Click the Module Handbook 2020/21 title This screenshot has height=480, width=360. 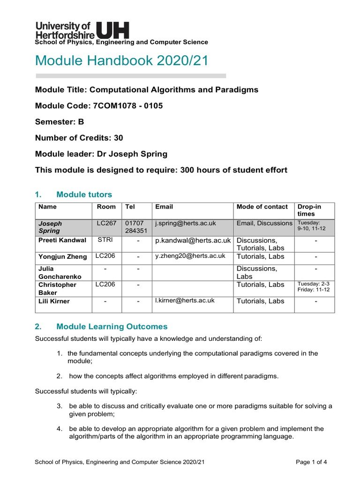point(121,60)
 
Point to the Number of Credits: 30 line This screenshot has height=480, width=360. point(79,138)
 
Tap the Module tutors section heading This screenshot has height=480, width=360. point(84,194)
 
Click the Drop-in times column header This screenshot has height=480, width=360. point(309,210)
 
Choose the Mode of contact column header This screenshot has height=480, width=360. point(262,207)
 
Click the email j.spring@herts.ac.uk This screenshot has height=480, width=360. point(185,223)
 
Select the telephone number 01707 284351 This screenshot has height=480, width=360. point(136,227)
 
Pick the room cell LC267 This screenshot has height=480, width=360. point(106,223)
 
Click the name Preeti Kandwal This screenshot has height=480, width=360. point(62,240)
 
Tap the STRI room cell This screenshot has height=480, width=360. point(105,240)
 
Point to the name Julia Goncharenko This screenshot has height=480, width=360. point(57,272)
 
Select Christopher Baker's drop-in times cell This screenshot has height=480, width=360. point(313,287)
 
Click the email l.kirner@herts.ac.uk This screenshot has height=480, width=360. point(185,300)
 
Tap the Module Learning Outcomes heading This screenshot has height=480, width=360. point(112,327)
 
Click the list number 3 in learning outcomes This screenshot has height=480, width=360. point(60,406)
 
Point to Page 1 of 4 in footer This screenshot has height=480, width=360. point(311,462)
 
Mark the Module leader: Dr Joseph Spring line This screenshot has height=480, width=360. point(101,154)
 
